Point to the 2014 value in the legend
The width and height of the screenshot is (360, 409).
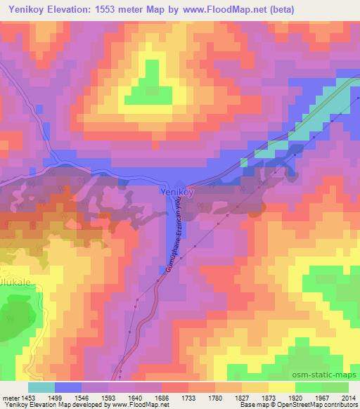pyautogui.click(x=349, y=396)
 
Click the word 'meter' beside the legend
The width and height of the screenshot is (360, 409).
pyautogui.click(x=9, y=396)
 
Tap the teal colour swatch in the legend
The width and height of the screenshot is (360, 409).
pyautogui.click(x=41, y=387)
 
